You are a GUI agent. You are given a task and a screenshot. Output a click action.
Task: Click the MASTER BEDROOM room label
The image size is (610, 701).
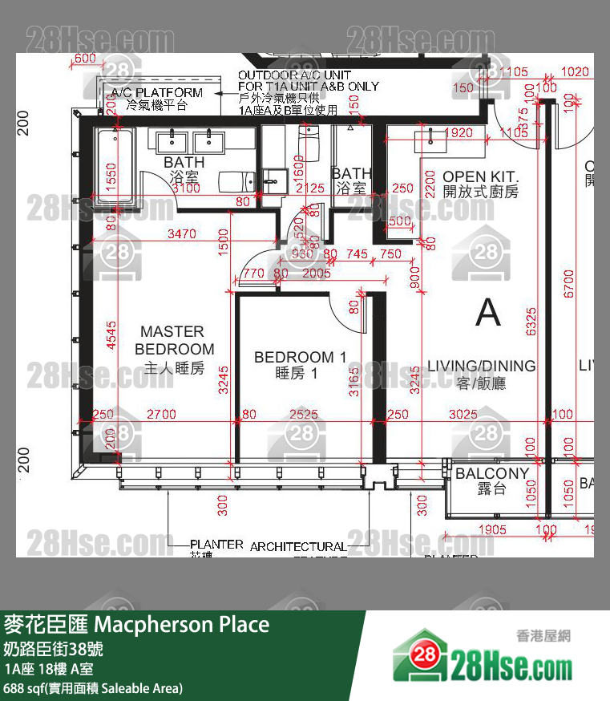tap(172, 340)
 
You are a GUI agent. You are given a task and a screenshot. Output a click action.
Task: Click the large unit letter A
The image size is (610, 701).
tap(487, 312)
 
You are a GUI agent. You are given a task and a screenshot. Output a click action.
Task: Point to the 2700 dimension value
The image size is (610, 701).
tap(161, 415)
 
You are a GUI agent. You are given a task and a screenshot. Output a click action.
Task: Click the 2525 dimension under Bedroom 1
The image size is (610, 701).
tap(304, 415)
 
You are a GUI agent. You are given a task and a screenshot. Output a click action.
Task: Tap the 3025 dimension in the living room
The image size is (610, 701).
tap(463, 415)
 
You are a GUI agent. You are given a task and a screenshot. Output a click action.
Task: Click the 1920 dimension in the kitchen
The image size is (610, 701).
tap(457, 133)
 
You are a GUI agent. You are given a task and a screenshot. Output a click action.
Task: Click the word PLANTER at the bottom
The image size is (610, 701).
tap(216, 544)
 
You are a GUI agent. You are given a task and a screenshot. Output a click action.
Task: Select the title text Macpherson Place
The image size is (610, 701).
tap(182, 624)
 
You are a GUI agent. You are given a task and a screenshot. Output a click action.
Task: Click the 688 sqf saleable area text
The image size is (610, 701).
tap(94, 688)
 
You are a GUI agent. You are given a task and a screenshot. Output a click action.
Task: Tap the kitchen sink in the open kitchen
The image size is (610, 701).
tap(430, 141)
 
